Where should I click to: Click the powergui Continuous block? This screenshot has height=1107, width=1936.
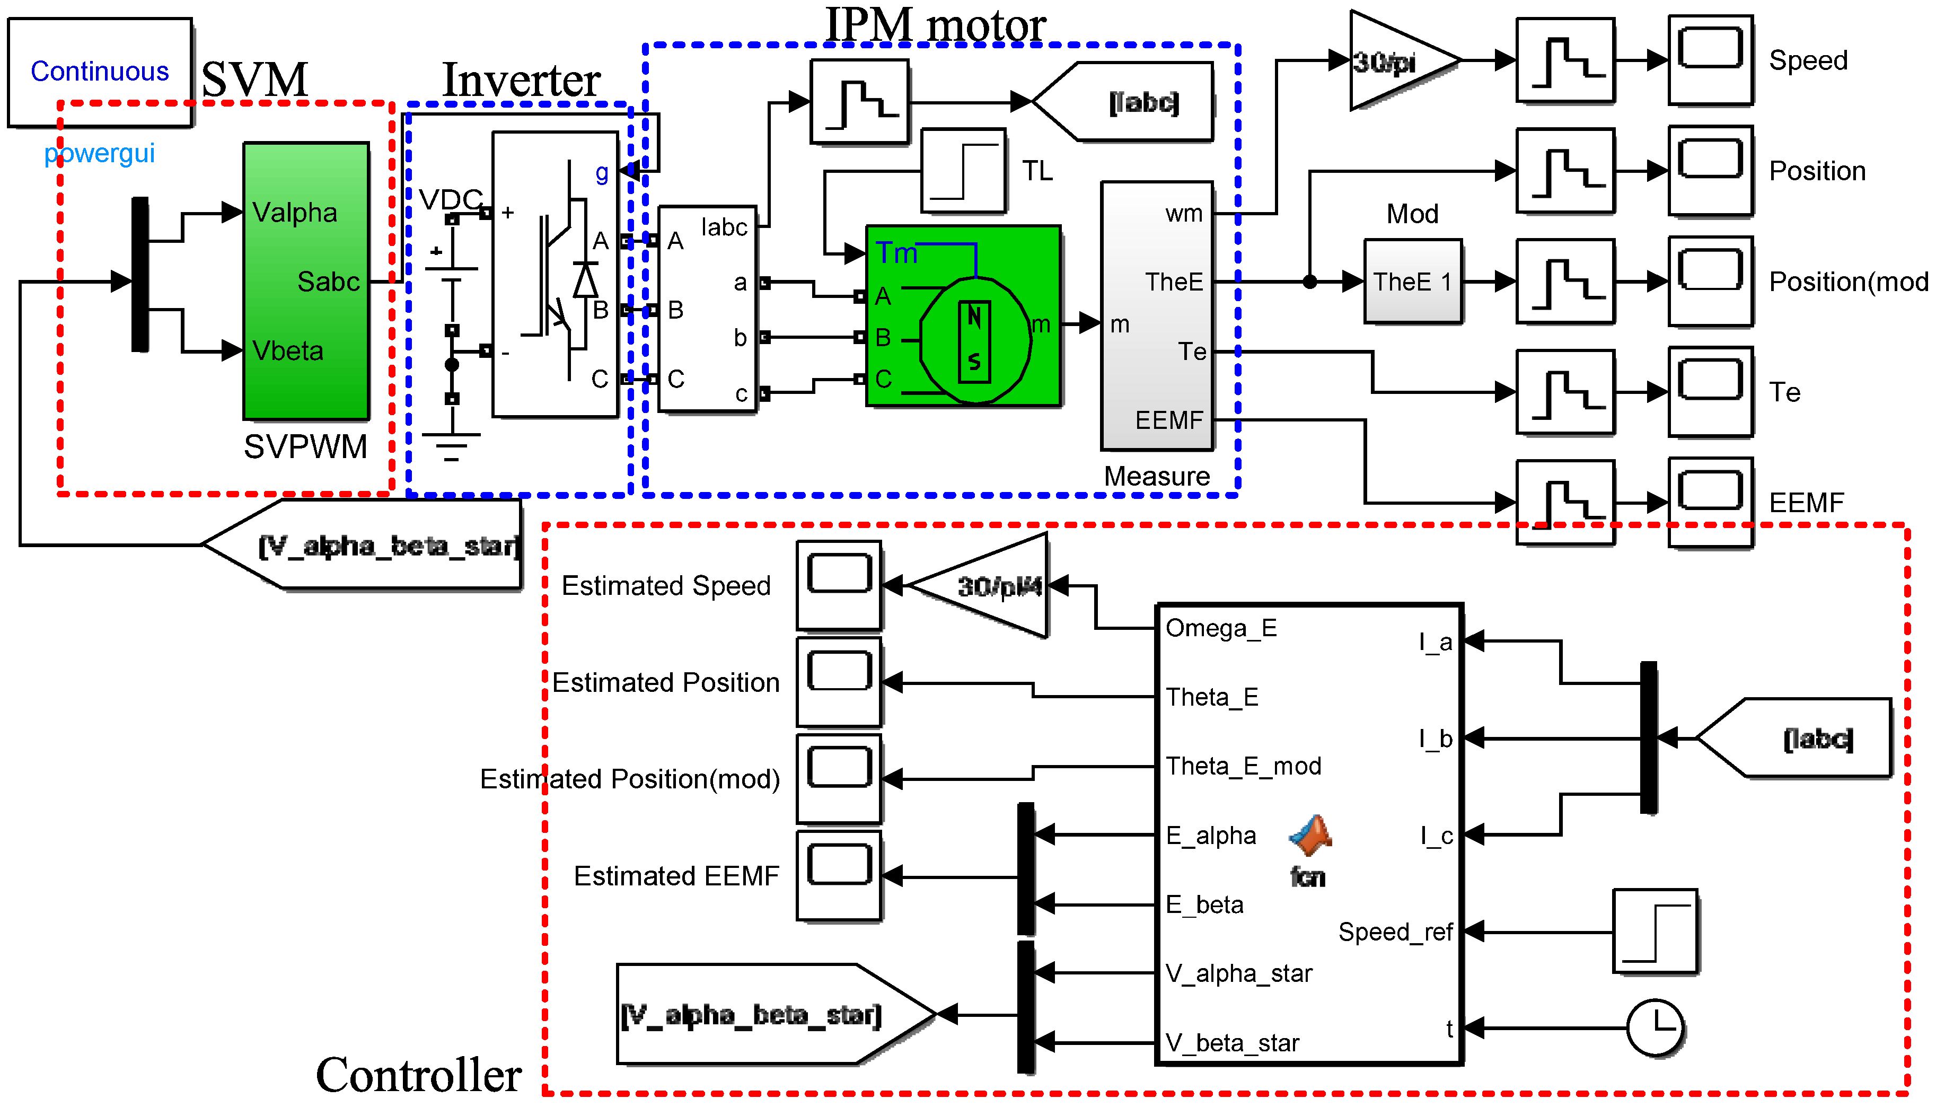[100, 72]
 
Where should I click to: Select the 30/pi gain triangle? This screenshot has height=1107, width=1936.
[1395, 61]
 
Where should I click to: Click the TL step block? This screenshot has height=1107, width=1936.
[963, 171]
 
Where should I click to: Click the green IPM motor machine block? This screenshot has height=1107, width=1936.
[963, 315]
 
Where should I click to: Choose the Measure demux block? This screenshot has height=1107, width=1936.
[1157, 315]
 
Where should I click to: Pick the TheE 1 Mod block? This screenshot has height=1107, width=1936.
[1412, 282]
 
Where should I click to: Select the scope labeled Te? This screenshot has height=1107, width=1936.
[1710, 392]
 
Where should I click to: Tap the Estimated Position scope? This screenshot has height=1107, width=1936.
[839, 682]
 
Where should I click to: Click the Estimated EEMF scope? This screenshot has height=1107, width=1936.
[839, 876]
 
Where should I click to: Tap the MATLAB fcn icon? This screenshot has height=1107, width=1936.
[1309, 836]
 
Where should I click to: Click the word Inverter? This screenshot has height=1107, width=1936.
[522, 80]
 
